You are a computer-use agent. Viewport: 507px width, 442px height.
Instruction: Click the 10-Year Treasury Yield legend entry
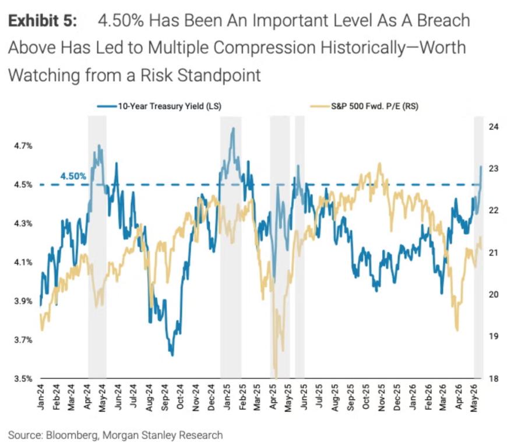pyautogui.click(x=160, y=107)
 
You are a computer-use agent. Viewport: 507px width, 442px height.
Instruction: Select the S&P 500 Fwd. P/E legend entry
pyautogui.click(x=364, y=107)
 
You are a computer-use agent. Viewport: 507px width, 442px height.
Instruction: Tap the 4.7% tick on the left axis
pyautogui.click(x=23, y=146)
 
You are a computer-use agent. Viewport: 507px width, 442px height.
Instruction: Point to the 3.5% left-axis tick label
pyautogui.click(x=23, y=379)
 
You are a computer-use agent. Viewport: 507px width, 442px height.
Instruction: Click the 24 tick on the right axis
pyautogui.click(x=494, y=126)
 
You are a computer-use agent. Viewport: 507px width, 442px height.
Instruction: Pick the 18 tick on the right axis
pyautogui.click(x=494, y=379)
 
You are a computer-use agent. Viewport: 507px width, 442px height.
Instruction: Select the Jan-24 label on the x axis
pyautogui.click(x=40, y=397)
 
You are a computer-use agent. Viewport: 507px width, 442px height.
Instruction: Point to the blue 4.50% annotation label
pyautogui.click(x=73, y=176)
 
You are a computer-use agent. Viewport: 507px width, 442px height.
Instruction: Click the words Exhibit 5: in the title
pyautogui.click(x=43, y=21)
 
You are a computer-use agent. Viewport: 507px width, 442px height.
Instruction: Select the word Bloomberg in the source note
pyautogui.click(x=71, y=435)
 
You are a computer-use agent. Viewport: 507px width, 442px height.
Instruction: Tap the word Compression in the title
pyautogui.click(x=264, y=48)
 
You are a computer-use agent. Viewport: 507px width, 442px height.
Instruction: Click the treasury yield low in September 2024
pyautogui.click(x=172, y=355)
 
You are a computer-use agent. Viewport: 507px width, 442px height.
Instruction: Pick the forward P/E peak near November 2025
pyautogui.click(x=379, y=164)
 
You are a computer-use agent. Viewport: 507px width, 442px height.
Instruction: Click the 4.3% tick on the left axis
pyautogui.click(x=23, y=223)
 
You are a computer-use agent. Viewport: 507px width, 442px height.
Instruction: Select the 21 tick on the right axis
pyautogui.click(x=494, y=252)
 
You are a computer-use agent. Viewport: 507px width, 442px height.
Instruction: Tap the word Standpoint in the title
pyautogui.click(x=219, y=75)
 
